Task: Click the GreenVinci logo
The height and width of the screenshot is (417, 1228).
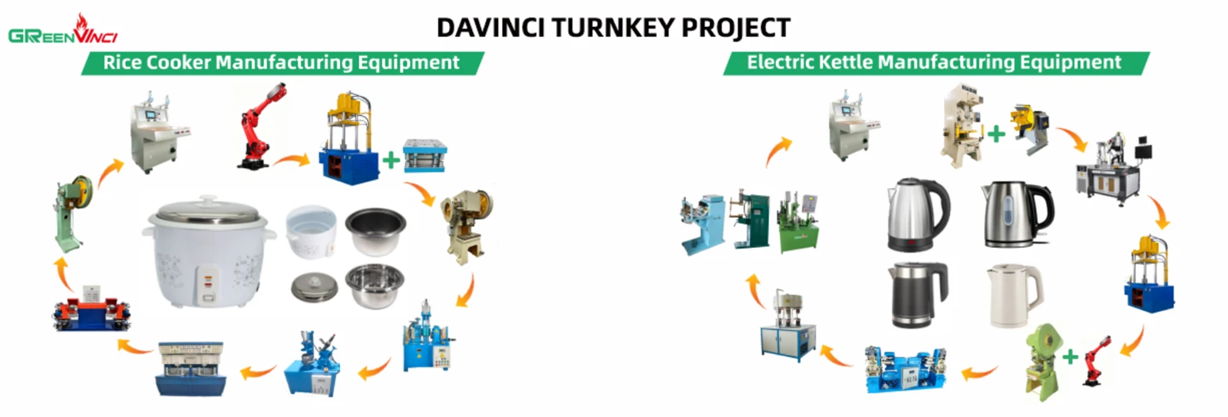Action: (x=63, y=30)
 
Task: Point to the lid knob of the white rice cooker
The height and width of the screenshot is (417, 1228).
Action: (x=208, y=198)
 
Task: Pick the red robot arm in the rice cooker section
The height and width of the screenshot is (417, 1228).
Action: (x=262, y=125)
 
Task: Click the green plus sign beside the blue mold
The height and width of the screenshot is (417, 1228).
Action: (x=391, y=161)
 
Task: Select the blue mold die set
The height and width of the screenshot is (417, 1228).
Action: (x=425, y=155)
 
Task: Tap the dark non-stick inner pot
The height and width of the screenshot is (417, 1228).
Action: (x=375, y=230)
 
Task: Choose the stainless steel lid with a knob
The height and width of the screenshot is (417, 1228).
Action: (x=314, y=287)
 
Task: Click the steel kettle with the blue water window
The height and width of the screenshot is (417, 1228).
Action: (x=1017, y=214)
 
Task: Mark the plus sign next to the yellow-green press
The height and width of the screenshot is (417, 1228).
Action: (x=1070, y=358)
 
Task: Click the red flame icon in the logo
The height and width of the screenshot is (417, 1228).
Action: (x=81, y=23)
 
